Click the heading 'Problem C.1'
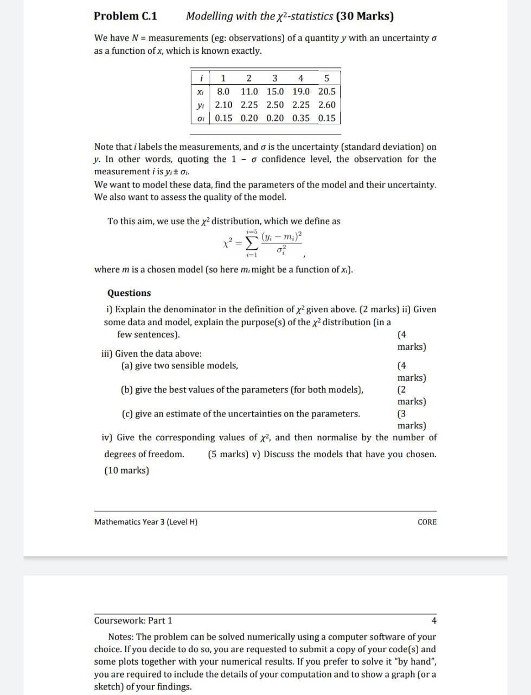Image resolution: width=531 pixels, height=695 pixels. point(125,16)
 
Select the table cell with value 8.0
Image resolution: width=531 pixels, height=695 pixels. point(223,92)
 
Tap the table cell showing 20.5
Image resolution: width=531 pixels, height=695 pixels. point(327,92)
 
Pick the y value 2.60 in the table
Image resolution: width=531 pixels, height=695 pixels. point(327,105)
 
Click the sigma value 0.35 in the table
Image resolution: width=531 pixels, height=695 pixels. point(301,118)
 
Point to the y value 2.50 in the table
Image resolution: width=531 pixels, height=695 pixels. point(275,105)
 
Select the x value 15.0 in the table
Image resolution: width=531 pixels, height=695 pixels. point(275,92)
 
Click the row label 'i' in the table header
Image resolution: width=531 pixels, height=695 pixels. point(201,78)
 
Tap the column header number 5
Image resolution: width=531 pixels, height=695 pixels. point(327,78)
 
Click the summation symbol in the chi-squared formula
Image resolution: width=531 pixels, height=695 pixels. point(251,242)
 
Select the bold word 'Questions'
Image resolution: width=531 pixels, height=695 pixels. point(129,293)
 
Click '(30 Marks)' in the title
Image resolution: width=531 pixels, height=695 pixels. point(365,16)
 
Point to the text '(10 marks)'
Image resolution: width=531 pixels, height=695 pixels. point(126,470)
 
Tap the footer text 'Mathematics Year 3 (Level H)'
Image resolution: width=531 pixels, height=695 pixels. point(146,522)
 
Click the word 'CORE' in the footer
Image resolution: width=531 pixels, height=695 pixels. point(427,522)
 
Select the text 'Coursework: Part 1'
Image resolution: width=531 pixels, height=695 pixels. point(133,621)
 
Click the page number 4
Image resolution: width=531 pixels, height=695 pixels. point(434,621)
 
